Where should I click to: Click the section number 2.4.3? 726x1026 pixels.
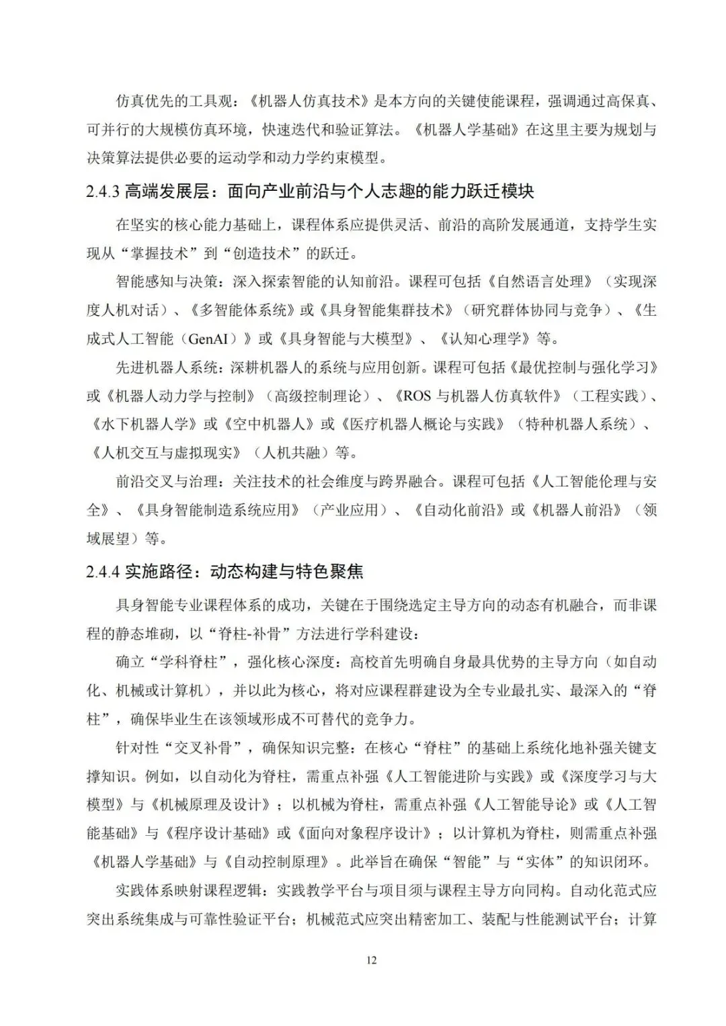(x=103, y=191)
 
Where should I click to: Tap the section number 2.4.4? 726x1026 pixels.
(x=103, y=572)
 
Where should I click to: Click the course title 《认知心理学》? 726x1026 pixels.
(x=481, y=339)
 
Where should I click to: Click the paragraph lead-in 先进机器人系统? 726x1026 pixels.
(x=160, y=368)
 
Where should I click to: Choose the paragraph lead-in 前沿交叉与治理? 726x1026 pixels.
(x=160, y=482)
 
